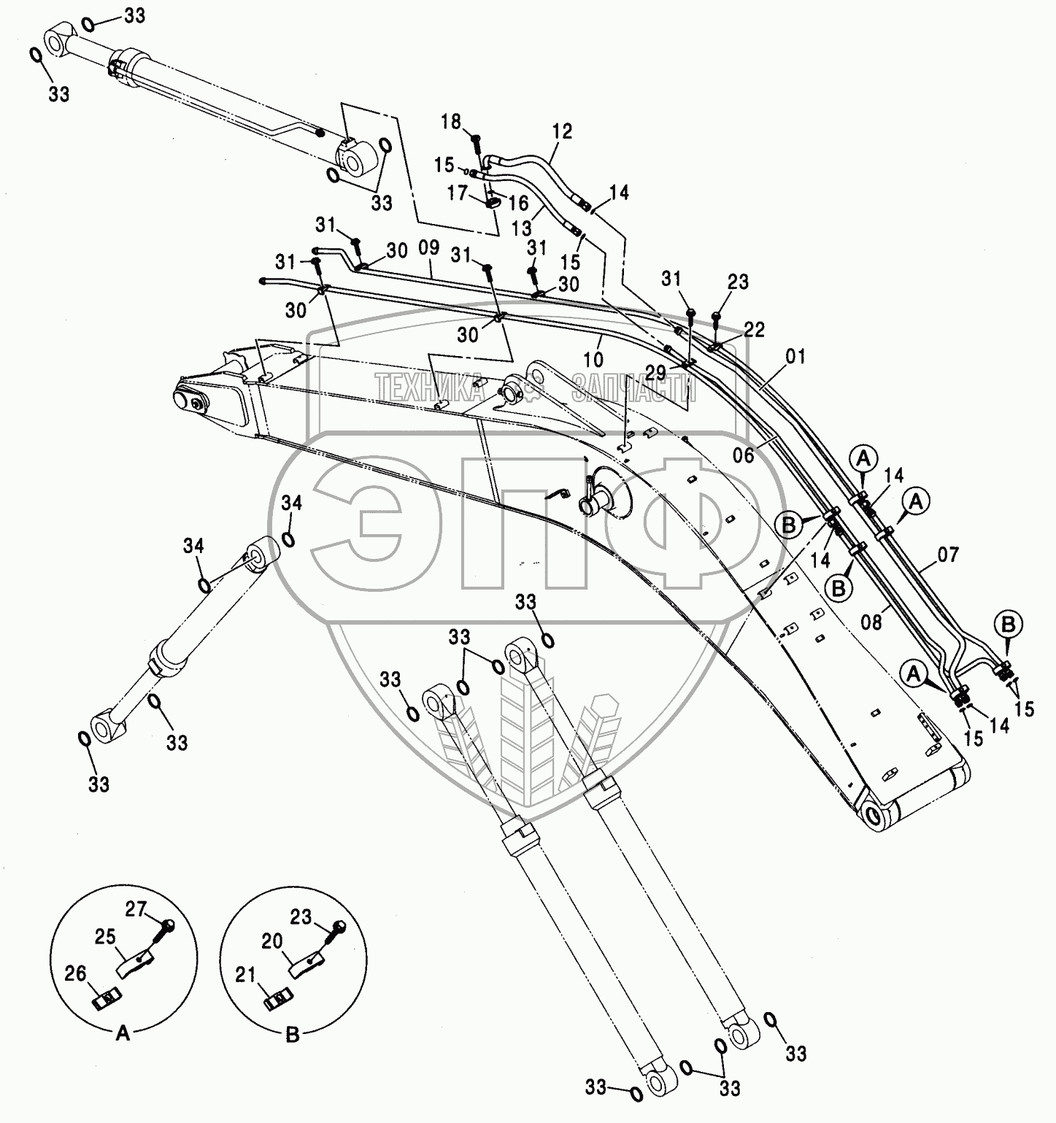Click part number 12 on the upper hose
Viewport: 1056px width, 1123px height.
pyautogui.click(x=562, y=132)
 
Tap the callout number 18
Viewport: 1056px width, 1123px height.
pyautogui.click(x=452, y=122)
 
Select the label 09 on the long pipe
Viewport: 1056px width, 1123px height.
pyautogui.click(x=429, y=248)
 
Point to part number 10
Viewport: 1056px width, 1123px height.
pyautogui.click(x=595, y=359)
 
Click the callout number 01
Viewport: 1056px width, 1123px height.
pyautogui.click(x=797, y=357)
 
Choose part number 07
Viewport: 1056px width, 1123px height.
pyautogui.click(x=949, y=554)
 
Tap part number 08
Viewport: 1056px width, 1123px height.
pyautogui.click(x=871, y=621)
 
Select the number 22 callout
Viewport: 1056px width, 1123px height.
pyautogui.click(x=755, y=330)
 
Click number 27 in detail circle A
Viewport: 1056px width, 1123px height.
pyautogui.click(x=136, y=908)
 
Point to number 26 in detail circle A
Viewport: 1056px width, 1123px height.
pyautogui.click(x=76, y=973)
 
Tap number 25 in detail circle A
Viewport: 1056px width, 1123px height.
pyautogui.click(x=106, y=936)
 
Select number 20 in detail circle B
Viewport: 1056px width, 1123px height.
pyautogui.click(x=272, y=942)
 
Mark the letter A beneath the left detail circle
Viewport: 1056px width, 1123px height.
pyautogui.click(x=123, y=1034)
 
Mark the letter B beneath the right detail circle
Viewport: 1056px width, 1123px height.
pyautogui.click(x=292, y=1034)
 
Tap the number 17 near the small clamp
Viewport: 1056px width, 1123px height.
pyautogui.click(x=458, y=193)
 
